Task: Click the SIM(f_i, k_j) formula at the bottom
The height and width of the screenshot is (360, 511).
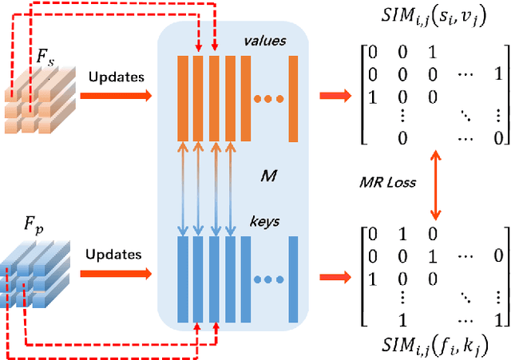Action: pos(428,345)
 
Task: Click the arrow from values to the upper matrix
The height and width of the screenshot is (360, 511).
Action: pos(334,97)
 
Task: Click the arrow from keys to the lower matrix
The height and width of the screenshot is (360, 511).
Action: pos(334,277)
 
